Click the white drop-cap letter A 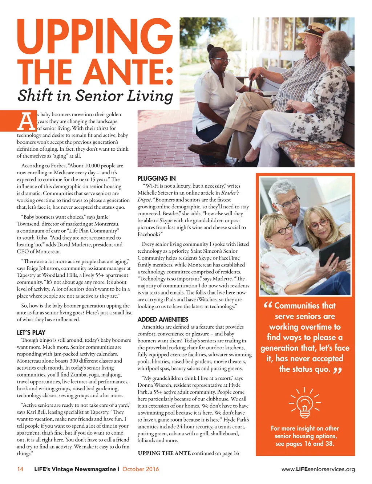[26, 121]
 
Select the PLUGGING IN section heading [157, 178]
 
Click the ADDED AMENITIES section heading [163, 319]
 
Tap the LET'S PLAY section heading [31, 332]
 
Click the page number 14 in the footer [20, 469]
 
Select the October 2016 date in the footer [141, 469]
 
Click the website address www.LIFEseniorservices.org [318, 469]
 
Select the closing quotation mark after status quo [338, 370]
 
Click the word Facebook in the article [148, 234]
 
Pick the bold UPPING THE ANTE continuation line [164, 453]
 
